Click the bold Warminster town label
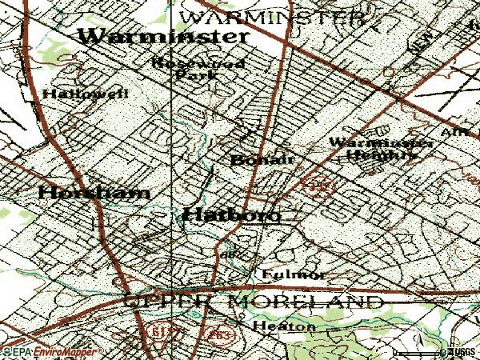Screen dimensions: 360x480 point(163,37)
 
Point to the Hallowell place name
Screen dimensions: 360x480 point(74,94)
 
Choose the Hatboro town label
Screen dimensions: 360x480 point(232,214)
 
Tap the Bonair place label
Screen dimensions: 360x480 point(262,159)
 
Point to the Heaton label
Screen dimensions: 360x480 point(283,326)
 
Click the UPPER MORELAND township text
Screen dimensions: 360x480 point(253,302)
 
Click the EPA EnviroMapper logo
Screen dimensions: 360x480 point(52,351)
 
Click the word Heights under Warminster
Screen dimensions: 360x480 point(383,156)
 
